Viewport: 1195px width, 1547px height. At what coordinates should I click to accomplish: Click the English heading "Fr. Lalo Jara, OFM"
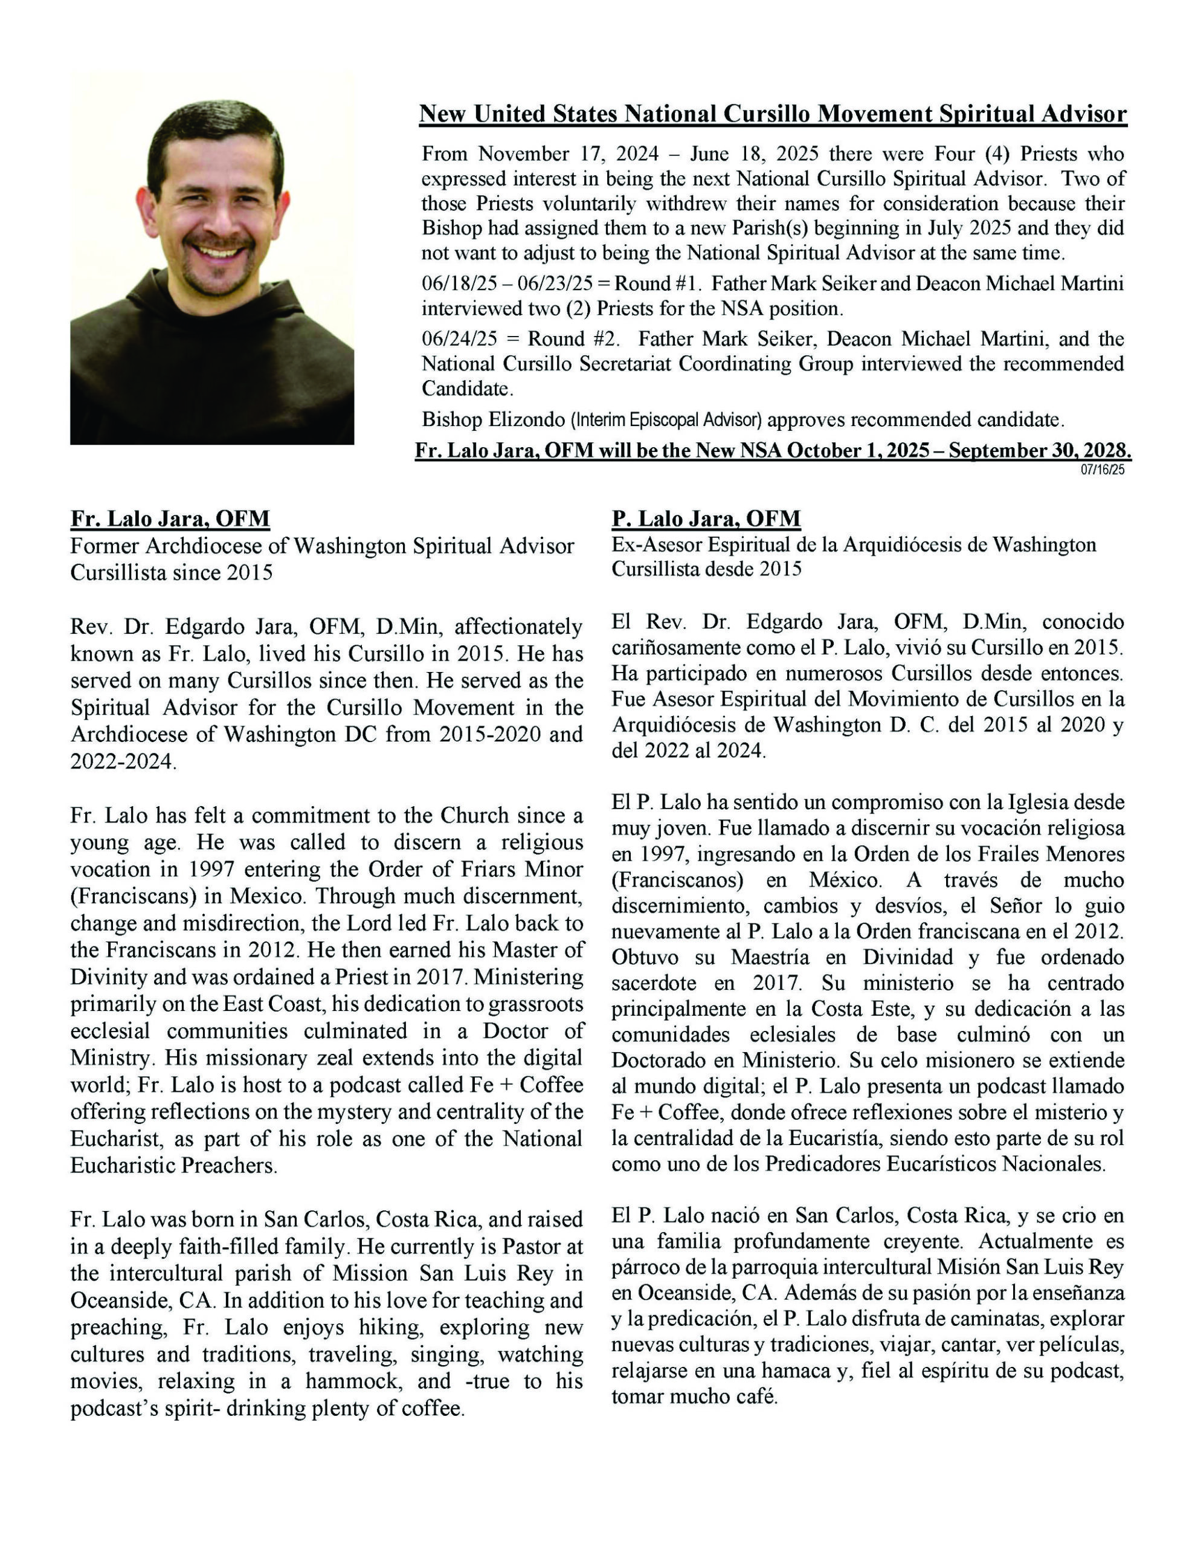tap(170, 518)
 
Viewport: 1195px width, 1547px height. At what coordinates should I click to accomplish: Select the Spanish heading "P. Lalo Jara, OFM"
tap(706, 518)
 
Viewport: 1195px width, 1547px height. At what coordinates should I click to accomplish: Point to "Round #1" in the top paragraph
tap(657, 283)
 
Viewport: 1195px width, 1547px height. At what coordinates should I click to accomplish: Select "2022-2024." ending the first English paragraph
tap(122, 761)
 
